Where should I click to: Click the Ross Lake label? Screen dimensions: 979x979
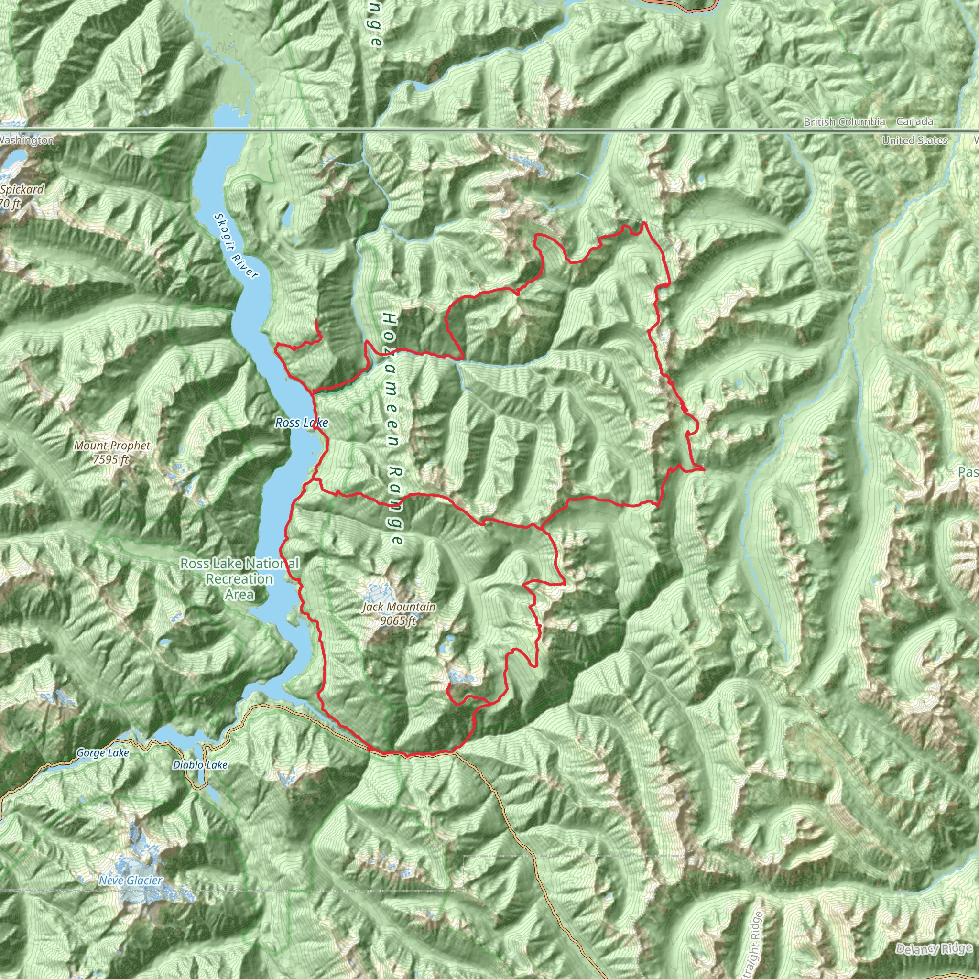point(302,423)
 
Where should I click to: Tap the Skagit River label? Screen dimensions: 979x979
point(236,246)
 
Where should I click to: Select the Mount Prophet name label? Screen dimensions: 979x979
point(112,446)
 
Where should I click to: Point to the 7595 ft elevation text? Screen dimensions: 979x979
point(111,459)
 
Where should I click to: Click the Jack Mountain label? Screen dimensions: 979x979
point(399,607)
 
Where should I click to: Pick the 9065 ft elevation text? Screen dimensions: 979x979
point(398,621)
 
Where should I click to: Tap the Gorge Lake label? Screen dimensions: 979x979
point(102,753)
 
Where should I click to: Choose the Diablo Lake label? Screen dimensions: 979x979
point(200,765)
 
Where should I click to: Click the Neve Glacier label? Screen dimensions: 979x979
point(131,881)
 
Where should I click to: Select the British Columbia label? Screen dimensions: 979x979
point(844,122)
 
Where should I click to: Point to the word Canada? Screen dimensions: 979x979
point(914,121)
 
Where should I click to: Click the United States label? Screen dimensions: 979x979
point(914,141)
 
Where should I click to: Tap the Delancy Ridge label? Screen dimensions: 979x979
point(934,949)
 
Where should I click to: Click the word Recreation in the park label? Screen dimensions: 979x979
point(239,579)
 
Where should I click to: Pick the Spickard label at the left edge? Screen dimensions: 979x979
point(22,189)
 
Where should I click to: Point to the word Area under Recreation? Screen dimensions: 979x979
point(239,594)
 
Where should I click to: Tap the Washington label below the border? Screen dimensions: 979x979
point(26,141)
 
